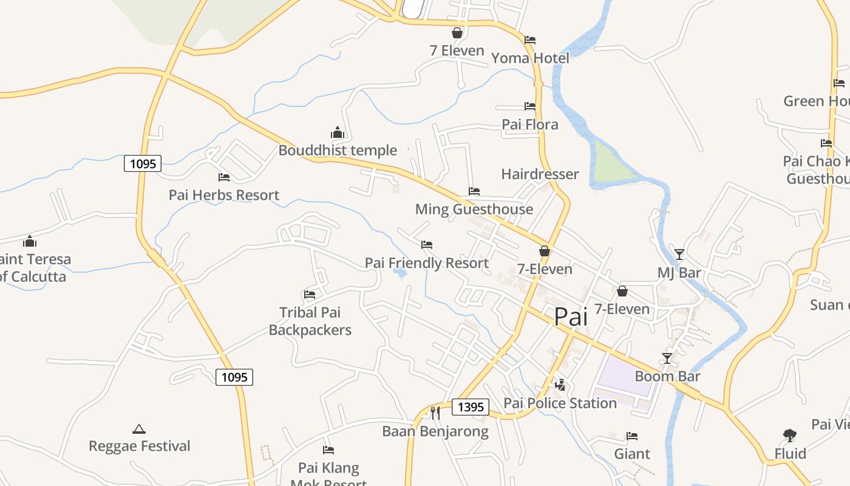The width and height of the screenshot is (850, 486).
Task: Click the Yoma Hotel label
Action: (x=530, y=58)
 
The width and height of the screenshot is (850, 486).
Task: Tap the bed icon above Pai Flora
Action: (x=530, y=106)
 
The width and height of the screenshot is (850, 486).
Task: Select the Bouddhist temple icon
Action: (x=338, y=132)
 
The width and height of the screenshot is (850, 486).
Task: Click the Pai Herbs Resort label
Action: (x=224, y=195)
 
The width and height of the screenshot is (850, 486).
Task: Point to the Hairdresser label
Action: (x=540, y=174)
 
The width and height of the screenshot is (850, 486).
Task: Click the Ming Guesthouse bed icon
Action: (x=474, y=191)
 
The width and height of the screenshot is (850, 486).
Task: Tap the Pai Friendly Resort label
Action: (x=426, y=263)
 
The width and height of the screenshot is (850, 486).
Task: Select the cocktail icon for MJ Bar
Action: (x=679, y=254)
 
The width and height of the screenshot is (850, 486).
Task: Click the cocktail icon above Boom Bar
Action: (x=667, y=358)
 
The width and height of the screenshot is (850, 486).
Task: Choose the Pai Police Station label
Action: (x=560, y=403)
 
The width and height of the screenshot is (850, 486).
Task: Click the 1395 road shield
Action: (x=471, y=407)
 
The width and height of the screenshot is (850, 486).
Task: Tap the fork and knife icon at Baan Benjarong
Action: (x=435, y=413)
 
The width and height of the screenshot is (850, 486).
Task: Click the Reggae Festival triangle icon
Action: (x=139, y=429)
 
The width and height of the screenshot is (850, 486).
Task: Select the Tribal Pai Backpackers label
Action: (x=310, y=321)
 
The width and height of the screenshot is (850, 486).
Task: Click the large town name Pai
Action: (x=571, y=317)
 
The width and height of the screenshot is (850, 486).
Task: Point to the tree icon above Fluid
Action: (x=790, y=436)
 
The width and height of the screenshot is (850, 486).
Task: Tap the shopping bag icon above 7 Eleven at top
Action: (x=457, y=33)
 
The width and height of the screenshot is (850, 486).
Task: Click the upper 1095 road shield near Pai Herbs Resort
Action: (x=143, y=163)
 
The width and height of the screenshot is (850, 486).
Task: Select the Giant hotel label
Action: (x=632, y=454)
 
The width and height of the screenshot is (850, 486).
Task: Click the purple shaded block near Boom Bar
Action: (x=625, y=374)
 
